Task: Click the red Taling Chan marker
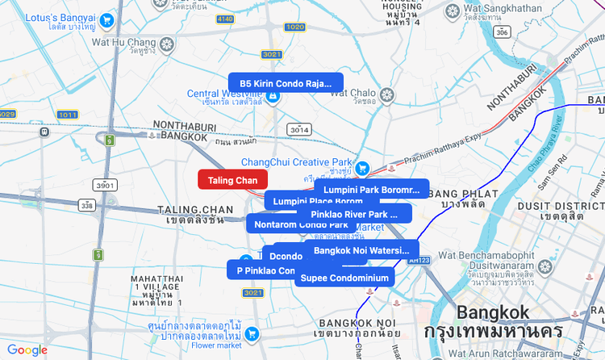232,180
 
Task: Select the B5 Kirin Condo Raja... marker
286,82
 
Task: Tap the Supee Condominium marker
344,278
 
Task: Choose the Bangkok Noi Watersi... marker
361,251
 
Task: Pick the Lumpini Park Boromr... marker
372,190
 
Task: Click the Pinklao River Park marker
354,214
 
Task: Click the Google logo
27,350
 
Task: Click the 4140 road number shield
225,19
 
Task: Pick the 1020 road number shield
294,27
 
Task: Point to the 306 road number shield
502,32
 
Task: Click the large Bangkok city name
493,312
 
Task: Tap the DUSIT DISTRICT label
574,207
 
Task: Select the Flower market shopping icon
252,333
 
